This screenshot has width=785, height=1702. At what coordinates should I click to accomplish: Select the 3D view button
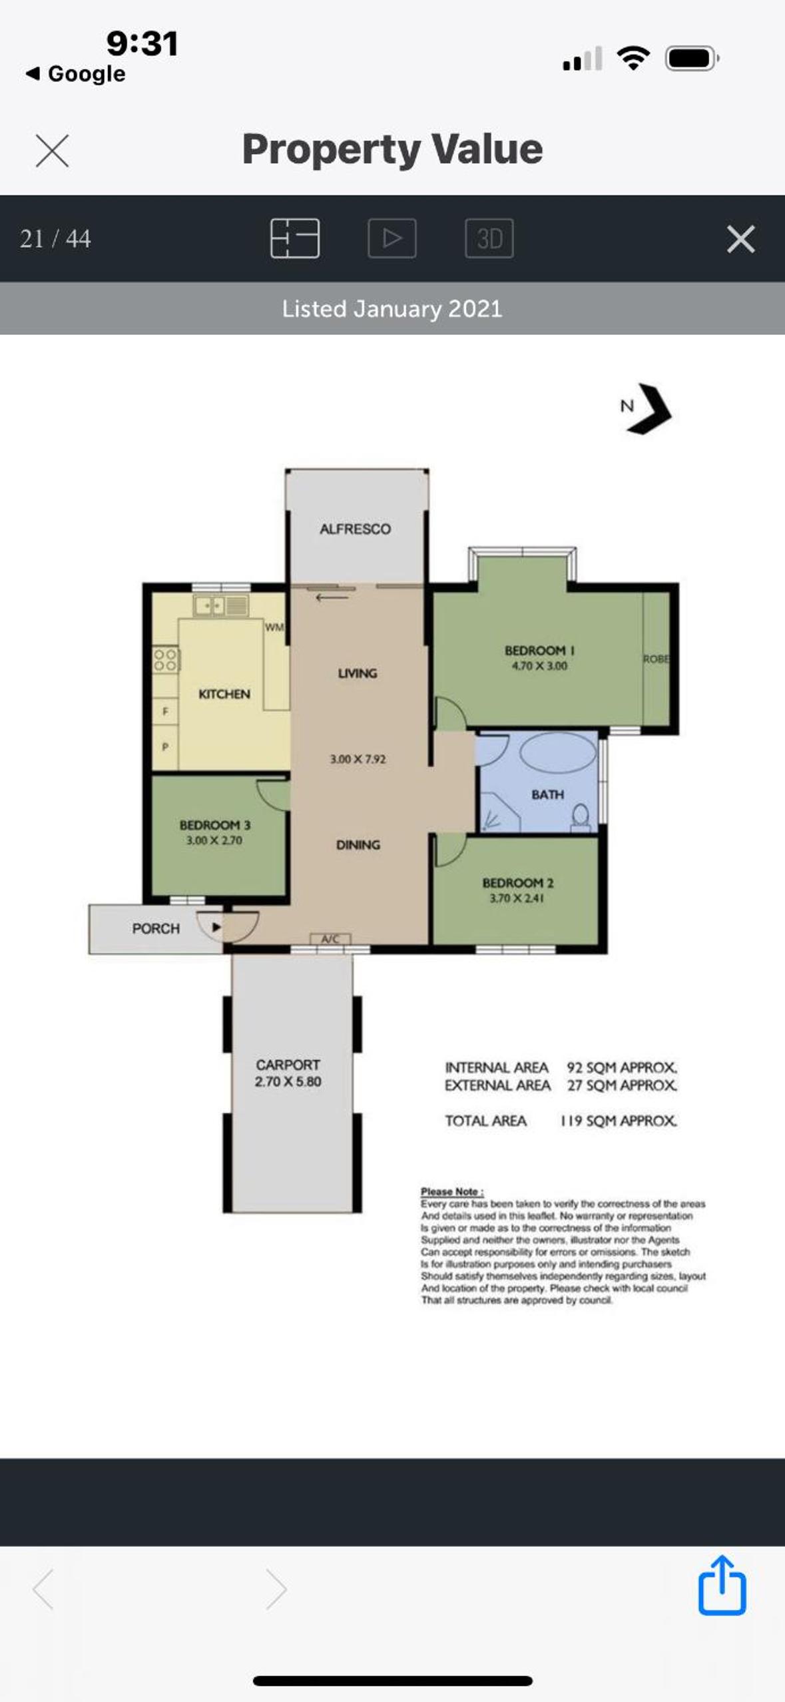(489, 238)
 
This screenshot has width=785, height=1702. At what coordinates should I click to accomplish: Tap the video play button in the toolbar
(392, 238)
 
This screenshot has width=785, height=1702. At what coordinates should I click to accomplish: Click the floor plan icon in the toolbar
(295, 238)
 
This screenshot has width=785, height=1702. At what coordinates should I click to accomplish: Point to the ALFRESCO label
(356, 529)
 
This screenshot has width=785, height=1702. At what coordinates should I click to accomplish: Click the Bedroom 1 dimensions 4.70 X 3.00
(539, 666)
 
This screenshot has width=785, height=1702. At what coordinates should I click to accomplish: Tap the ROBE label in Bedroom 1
(656, 659)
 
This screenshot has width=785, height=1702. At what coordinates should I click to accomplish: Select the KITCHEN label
(224, 694)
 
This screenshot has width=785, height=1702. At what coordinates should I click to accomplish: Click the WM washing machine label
(274, 627)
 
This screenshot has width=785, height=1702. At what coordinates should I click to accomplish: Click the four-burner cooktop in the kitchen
(166, 659)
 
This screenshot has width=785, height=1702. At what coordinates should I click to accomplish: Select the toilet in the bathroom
(581, 817)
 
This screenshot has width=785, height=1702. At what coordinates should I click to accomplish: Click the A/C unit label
(330, 939)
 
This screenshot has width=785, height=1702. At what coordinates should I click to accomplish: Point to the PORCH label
(156, 928)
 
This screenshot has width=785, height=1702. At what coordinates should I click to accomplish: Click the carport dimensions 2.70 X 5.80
(288, 1081)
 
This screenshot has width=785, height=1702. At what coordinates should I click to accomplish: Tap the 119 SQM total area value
(619, 1121)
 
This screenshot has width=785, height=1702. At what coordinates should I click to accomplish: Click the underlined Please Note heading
(452, 1191)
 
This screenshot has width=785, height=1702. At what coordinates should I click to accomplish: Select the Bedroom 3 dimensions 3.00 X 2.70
(214, 840)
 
